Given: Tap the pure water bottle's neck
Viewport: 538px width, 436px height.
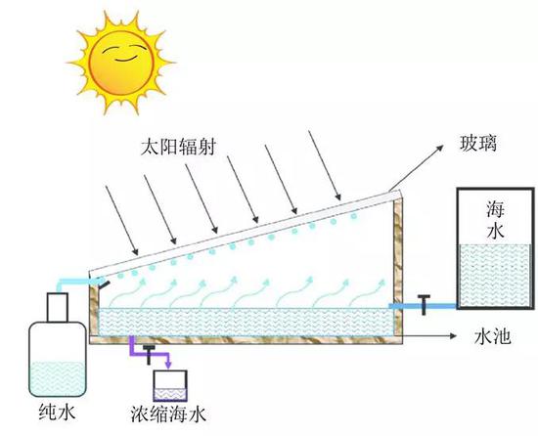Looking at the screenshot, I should pos(55,305).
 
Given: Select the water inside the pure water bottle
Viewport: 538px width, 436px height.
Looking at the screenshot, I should pos(56,377).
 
